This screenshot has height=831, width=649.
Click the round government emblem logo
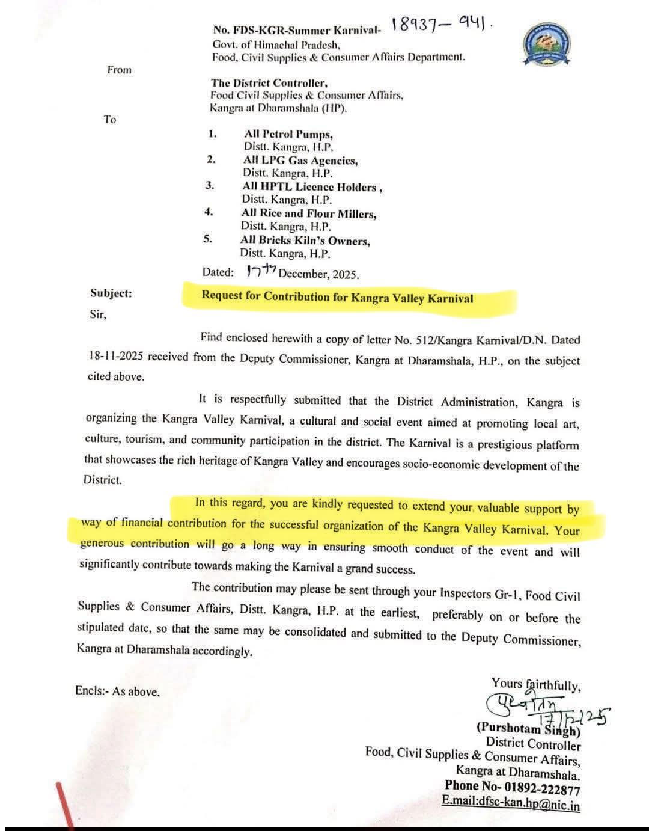click(x=547, y=46)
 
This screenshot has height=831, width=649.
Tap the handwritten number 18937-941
click(x=441, y=25)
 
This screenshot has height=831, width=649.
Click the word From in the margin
click(x=119, y=70)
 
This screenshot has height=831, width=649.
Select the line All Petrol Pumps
click(x=288, y=134)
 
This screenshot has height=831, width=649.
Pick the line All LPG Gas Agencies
click(x=300, y=161)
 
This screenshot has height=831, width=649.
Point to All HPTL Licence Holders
click(x=312, y=187)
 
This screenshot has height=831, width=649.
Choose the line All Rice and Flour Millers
click(x=309, y=213)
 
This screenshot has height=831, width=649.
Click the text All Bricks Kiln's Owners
click(x=305, y=241)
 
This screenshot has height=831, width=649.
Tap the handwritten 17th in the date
click(x=260, y=271)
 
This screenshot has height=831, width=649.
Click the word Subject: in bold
click(x=111, y=293)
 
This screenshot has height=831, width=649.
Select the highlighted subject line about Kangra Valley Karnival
click(x=337, y=297)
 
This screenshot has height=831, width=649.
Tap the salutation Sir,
click(x=98, y=314)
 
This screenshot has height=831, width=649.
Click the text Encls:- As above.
click(x=118, y=691)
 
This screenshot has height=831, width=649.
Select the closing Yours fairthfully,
click(x=535, y=684)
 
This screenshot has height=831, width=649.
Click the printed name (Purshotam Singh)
click(x=528, y=729)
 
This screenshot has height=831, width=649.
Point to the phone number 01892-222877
click(x=537, y=788)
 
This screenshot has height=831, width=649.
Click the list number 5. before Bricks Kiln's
click(x=207, y=239)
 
